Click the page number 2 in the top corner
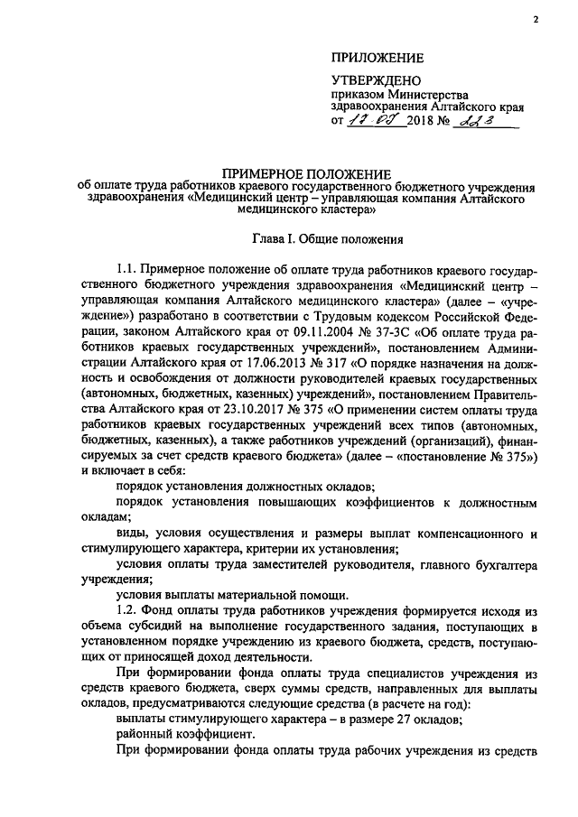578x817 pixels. (535, 19)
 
